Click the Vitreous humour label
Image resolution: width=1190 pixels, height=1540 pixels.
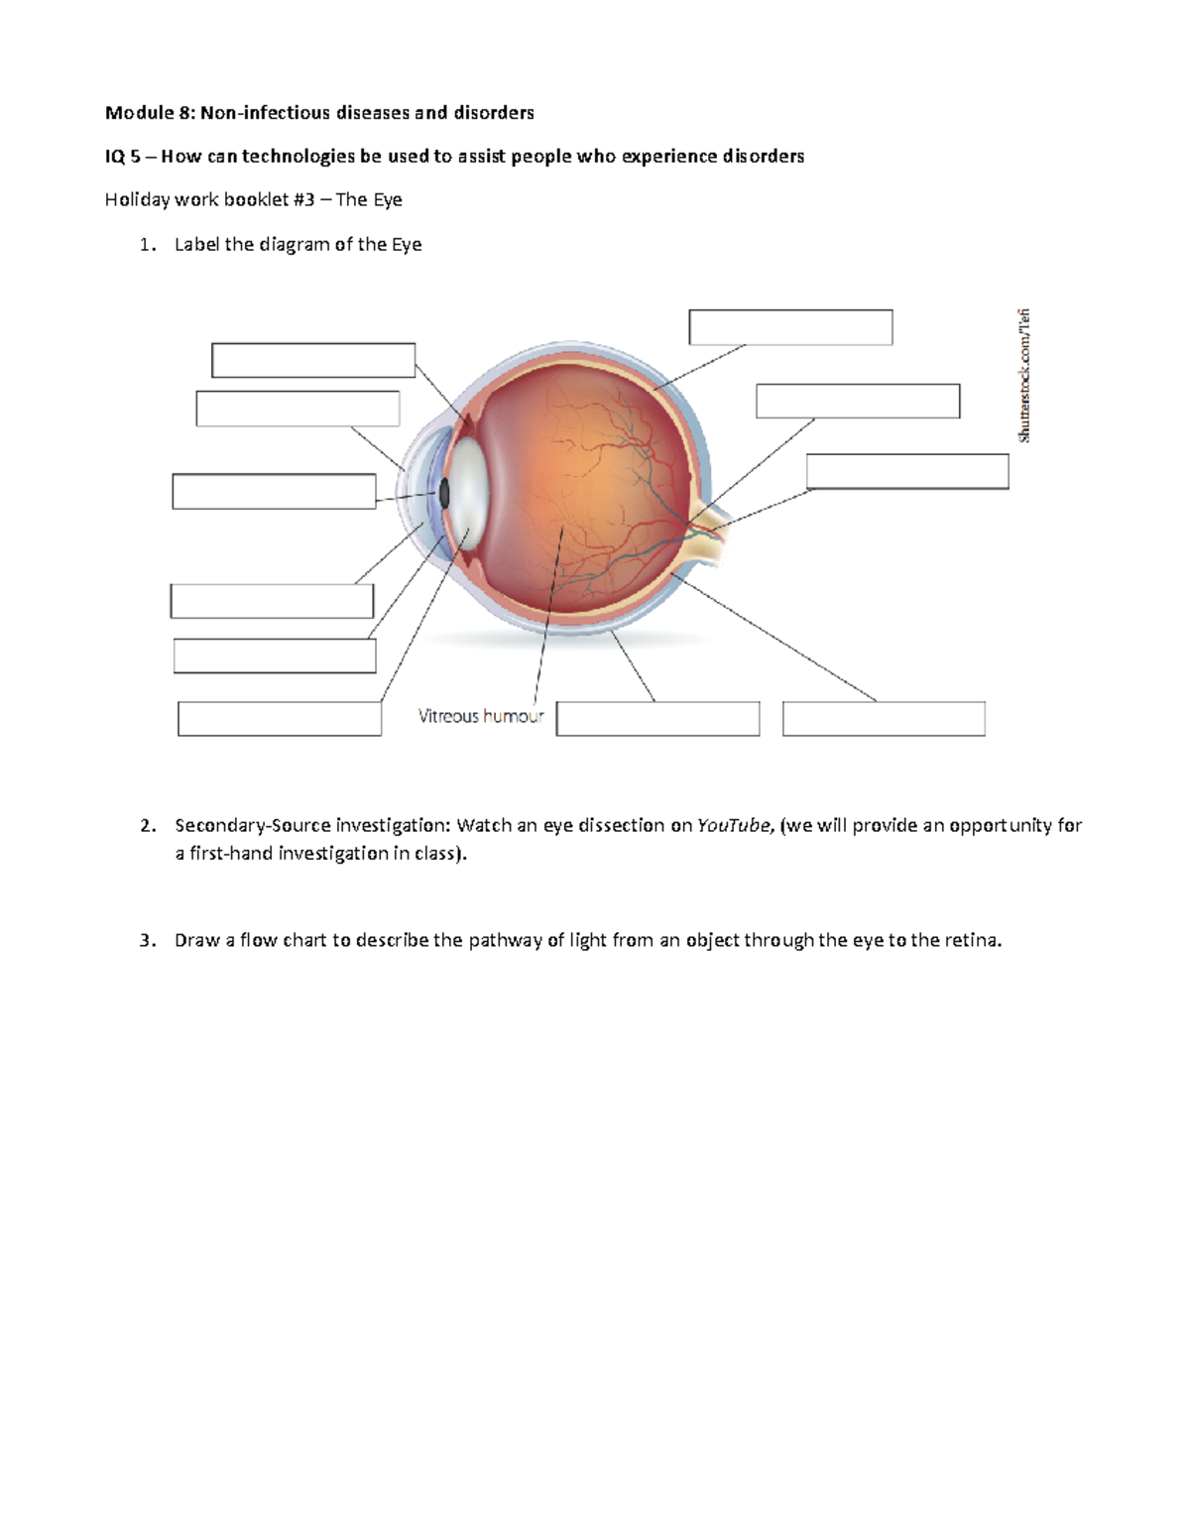480,716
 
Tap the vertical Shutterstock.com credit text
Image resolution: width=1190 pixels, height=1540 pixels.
1024,376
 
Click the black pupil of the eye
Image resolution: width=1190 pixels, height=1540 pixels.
444,493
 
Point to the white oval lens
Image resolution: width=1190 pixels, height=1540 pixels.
465,493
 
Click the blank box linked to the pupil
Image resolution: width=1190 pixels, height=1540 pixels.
274,492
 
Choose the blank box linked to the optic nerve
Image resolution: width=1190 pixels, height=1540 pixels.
907,472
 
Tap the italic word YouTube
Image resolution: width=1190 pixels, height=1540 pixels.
734,826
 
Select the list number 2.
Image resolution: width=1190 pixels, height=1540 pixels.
148,826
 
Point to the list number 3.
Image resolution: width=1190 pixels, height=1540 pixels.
148,941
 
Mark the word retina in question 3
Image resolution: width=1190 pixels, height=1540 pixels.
972,941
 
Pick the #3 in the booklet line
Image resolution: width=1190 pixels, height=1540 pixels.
303,200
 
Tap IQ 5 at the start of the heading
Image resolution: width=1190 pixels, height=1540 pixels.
123,157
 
